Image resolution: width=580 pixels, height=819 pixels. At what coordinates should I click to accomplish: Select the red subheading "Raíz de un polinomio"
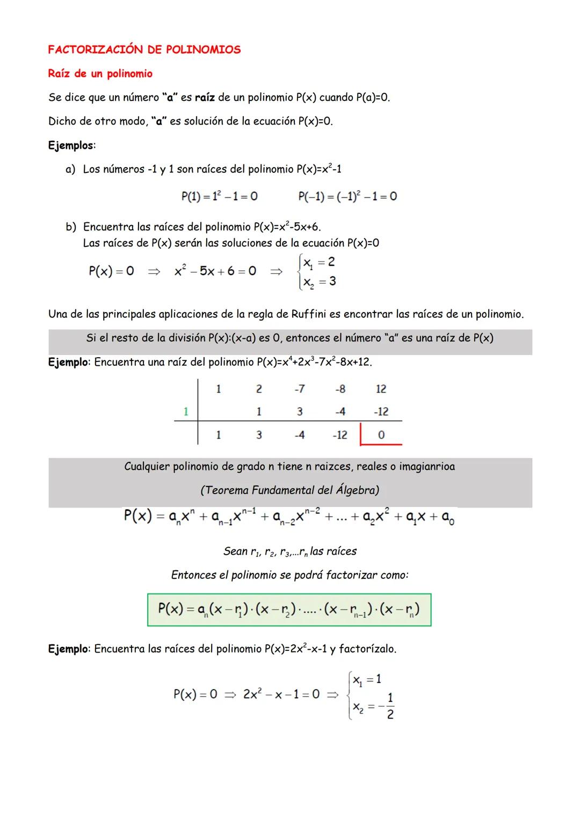(x=100, y=74)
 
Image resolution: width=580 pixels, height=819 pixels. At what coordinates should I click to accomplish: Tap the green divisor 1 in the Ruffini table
(x=186, y=412)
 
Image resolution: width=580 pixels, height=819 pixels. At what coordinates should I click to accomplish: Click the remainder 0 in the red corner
(x=381, y=435)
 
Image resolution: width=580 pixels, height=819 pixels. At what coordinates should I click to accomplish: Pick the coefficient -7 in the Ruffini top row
(x=300, y=389)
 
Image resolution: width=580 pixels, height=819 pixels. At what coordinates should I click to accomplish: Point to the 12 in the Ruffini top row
(x=381, y=389)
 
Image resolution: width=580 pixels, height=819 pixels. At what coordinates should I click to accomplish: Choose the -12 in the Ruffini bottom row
(x=340, y=435)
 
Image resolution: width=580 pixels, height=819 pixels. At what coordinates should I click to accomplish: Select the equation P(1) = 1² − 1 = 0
(x=219, y=197)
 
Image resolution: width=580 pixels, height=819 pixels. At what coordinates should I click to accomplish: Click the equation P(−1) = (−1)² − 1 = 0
(x=347, y=197)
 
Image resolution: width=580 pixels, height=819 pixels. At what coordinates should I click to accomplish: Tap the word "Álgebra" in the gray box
(x=356, y=490)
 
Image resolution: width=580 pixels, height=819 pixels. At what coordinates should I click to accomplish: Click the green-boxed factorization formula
(x=289, y=610)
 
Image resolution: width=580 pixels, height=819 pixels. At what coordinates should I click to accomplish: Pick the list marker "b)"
(x=71, y=227)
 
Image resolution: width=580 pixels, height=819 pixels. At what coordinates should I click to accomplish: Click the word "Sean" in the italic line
(x=235, y=552)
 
